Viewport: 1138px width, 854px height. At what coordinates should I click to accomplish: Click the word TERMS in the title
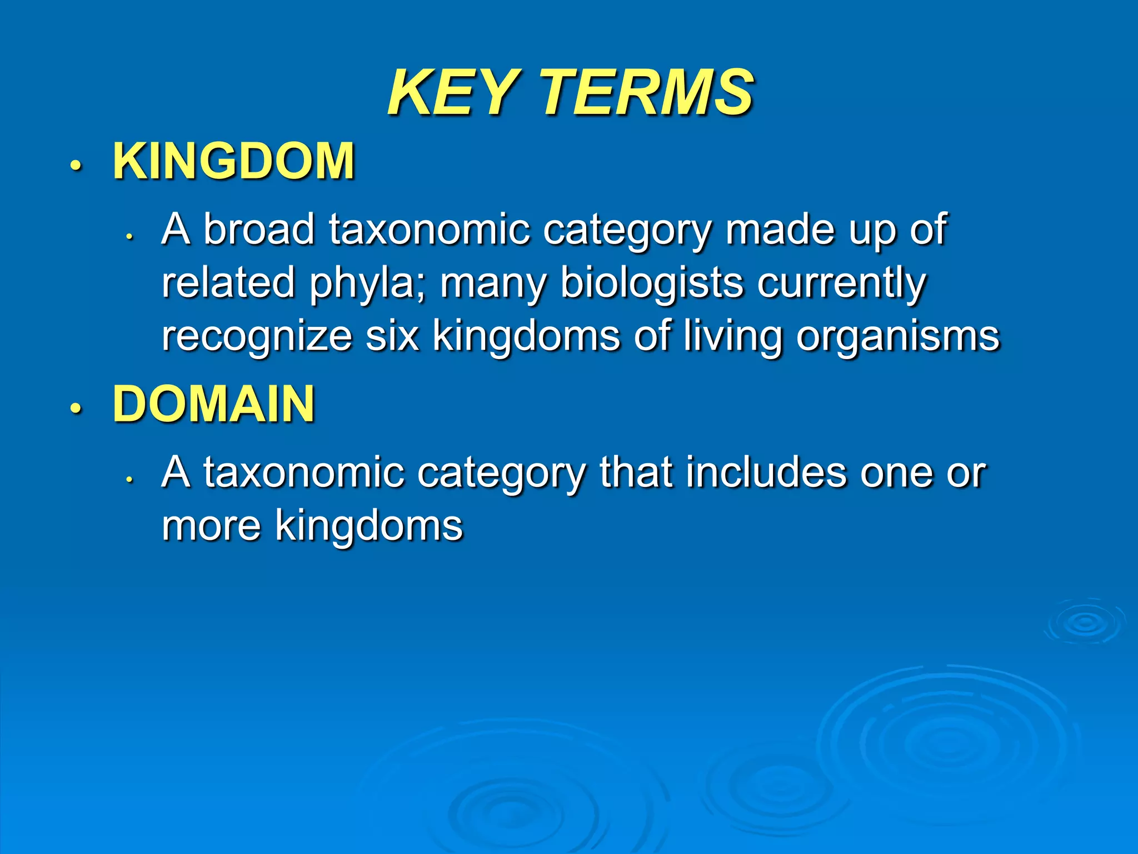click(647, 92)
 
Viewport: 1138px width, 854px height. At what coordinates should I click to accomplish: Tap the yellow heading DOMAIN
click(214, 404)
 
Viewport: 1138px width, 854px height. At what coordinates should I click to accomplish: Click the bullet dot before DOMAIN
click(76, 409)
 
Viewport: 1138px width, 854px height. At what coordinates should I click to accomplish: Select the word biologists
click(651, 282)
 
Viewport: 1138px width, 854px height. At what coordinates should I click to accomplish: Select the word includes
click(766, 472)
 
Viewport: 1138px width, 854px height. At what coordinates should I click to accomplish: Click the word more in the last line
click(211, 526)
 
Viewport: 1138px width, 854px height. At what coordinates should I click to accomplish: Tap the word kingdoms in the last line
click(369, 526)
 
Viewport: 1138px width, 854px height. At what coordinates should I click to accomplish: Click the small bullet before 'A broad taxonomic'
click(129, 236)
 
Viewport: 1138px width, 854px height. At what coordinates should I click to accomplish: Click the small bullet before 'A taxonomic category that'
click(129, 479)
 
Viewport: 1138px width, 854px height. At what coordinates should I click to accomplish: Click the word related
click(228, 282)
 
